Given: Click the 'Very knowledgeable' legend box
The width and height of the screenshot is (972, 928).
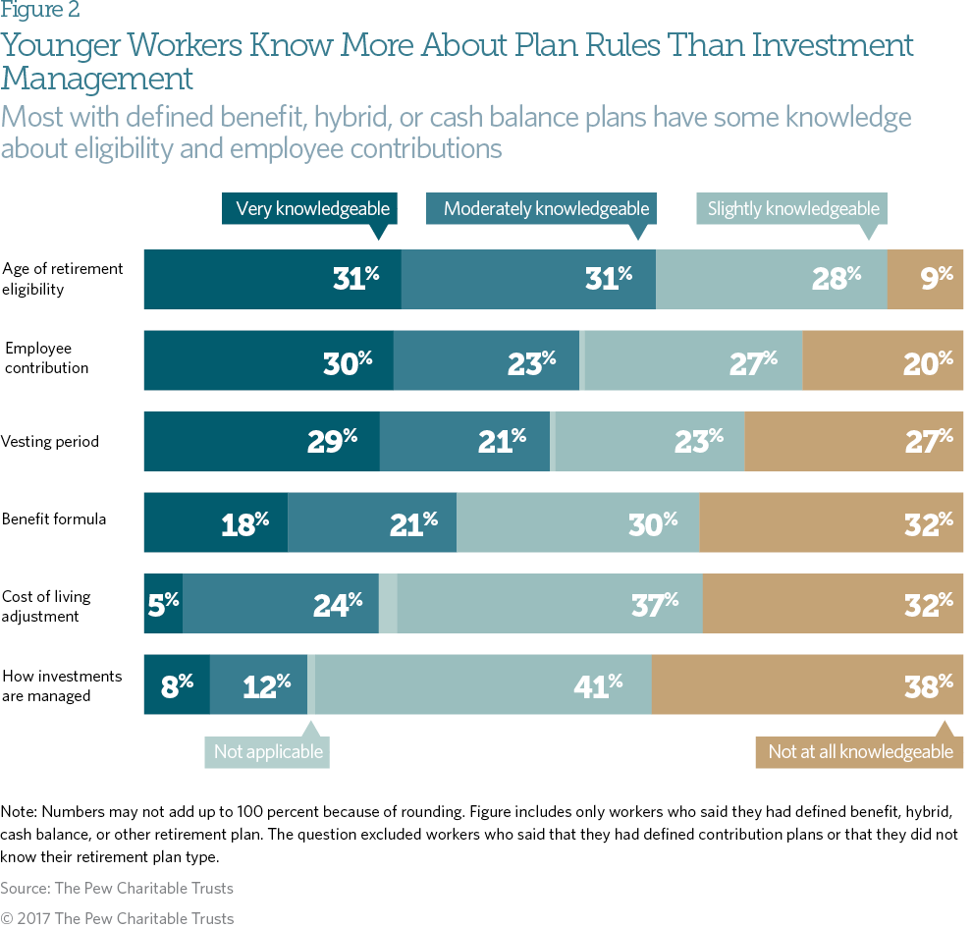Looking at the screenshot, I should point(312,208).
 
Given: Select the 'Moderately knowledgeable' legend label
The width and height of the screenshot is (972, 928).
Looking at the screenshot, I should point(546,208).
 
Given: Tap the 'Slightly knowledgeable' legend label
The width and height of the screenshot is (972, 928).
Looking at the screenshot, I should point(793,208).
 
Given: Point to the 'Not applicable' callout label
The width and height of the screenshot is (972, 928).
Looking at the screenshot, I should point(268,752).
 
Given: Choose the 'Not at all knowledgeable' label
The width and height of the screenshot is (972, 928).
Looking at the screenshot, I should point(860,752).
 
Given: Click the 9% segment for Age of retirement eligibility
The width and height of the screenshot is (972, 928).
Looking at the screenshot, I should point(925,280).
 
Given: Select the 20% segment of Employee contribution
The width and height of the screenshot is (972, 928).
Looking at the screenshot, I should point(883,360).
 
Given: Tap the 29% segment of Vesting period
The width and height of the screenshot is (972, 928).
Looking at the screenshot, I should point(262,442).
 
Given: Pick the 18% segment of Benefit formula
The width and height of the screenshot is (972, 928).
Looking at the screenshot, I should point(216,522).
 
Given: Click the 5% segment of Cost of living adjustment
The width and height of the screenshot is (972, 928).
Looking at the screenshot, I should point(163,603).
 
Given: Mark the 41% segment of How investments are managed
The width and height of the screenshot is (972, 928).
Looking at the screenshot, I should point(483,683).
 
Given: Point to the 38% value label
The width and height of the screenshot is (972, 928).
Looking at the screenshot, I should point(928,684).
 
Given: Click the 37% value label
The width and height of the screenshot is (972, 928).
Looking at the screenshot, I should point(654,604).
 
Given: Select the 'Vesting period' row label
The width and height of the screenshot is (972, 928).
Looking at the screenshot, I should point(50,442).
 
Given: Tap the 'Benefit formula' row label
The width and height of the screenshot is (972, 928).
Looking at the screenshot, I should point(54,519).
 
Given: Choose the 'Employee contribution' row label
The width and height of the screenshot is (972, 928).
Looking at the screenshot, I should point(47,358).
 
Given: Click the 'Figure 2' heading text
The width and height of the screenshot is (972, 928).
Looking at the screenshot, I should point(40,11).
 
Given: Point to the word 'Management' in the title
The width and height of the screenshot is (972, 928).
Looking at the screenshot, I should point(97,78).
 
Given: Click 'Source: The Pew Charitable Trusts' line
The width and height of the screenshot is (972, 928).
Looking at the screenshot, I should point(117,888).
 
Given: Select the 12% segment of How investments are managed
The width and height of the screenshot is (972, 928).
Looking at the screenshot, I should point(258,683).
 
